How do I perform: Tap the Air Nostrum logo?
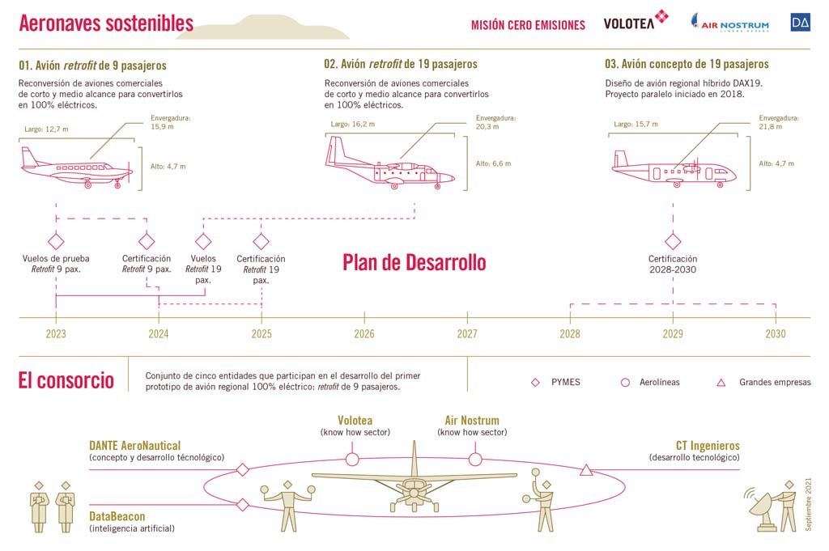730,23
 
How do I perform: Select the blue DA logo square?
801,22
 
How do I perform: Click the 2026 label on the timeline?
364,334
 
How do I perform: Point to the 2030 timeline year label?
776,334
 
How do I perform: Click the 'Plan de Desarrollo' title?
414,263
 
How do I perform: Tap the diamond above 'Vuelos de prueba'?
56,241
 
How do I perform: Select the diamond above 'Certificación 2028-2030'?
673,241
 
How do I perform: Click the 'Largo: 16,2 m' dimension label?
353,124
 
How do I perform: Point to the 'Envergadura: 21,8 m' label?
778,122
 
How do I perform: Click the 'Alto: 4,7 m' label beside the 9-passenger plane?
168,167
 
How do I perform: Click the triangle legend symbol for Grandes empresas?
721,383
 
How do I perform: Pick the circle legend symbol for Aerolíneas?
625,383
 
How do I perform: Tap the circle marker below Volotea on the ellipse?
352,460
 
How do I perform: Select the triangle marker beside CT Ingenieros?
586,469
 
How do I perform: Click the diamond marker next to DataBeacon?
243,505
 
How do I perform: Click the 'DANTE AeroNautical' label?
135,446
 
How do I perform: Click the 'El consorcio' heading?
66,380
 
